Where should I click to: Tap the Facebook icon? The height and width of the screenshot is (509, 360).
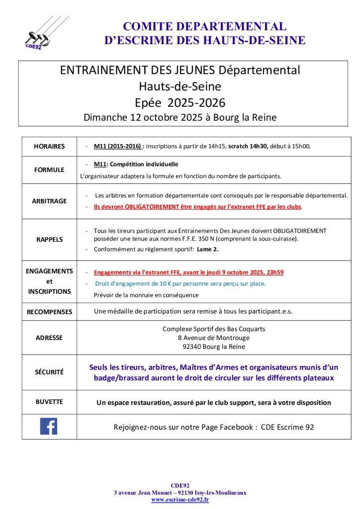(x=49, y=426)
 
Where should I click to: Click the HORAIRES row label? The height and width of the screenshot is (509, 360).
(x=49, y=147)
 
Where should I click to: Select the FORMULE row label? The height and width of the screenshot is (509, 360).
(x=49, y=170)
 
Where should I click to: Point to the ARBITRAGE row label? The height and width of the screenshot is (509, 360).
(x=49, y=201)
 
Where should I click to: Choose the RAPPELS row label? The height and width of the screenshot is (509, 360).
(x=49, y=239)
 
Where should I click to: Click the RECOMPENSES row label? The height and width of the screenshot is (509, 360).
(x=49, y=312)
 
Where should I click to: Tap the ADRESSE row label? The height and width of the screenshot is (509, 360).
(x=49, y=338)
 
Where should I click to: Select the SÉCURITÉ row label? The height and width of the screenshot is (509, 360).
(x=49, y=372)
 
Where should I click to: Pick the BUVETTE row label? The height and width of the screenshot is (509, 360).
(x=49, y=402)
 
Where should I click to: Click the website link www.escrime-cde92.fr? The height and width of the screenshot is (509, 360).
(x=180, y=500)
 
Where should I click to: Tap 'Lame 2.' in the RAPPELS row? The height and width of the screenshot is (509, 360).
(x=205, y=249)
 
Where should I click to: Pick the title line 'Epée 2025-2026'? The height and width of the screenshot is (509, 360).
(x=180, y=103)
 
